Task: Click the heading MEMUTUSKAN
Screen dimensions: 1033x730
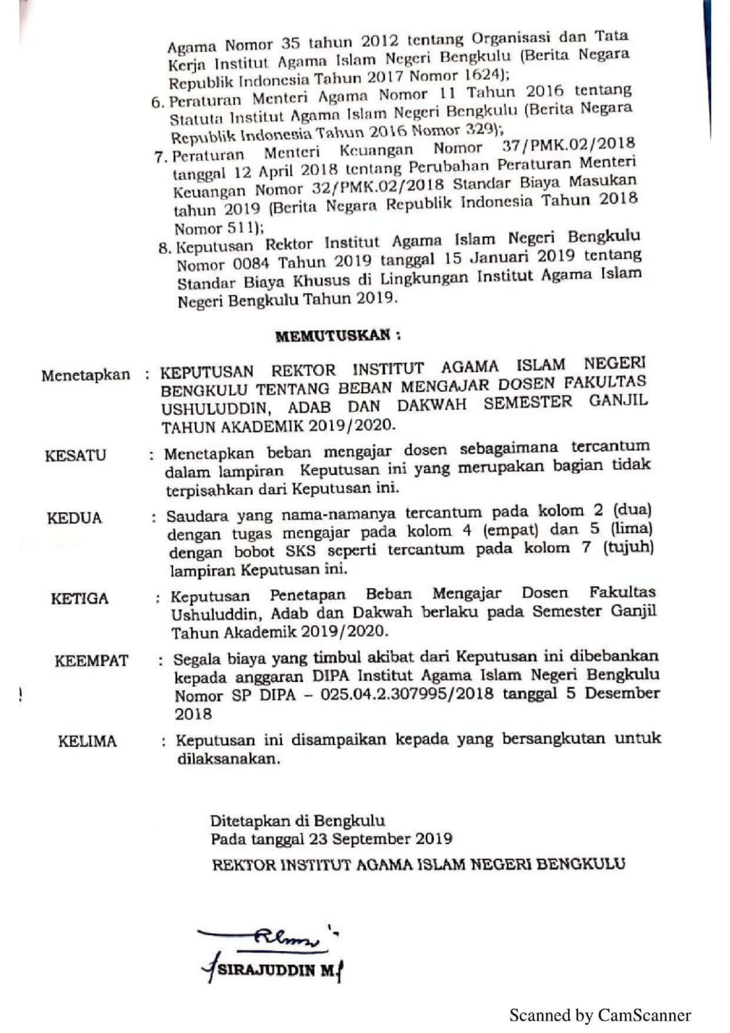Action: [x=337, y=336]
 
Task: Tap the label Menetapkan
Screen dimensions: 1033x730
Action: [x=86, y=375]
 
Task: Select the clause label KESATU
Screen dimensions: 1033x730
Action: [x=76, y=456]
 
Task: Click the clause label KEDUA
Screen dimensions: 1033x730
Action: [x=75, y=518]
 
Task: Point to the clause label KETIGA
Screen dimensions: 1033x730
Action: [x=79, y=599]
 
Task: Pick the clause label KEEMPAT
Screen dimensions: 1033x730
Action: [x=92, y=661]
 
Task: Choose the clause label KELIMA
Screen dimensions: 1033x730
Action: [x=87, y=741]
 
